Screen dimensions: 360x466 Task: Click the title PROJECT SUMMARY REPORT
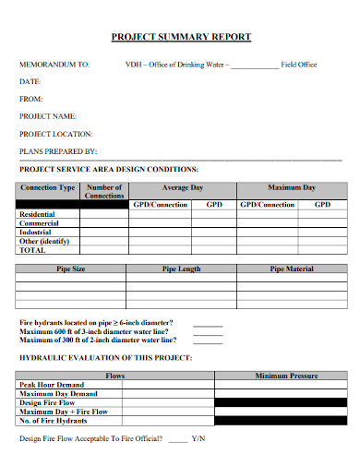point(180,37)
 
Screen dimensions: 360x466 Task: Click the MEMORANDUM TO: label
point(54,66)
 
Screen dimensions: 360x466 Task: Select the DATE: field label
point(30,82)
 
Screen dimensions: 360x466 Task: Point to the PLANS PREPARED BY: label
point(58,150)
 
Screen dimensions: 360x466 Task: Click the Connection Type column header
point(48,188)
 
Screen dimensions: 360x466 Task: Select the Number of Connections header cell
point(104,192)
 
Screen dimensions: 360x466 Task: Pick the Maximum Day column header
point(291,187)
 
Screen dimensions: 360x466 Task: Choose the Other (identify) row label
point(45,241)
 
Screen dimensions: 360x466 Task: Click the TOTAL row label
point(32,250)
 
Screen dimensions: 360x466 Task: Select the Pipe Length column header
point(182,269)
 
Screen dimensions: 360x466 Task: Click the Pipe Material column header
point(291,269)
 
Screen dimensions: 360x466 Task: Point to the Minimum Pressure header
point(286,376)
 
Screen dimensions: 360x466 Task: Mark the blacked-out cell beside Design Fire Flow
point(281,403)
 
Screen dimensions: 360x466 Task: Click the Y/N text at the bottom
point(198,438)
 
